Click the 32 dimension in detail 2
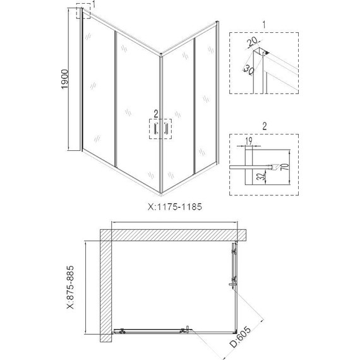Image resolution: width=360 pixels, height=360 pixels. pyautogui.click(x=260, y=176)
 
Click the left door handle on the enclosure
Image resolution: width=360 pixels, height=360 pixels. pyautogui.click(x=155, y=129)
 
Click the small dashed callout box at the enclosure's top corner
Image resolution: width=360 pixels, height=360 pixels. pyautogui.click(x=83, y=12)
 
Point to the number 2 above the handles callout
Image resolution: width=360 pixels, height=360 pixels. pyautogui.click(x=153, y=114)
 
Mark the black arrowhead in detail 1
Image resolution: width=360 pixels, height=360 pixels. pyautogui.click(x=268, y=52)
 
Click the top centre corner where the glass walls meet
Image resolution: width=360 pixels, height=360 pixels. pyautogui.click(x=162, y=56)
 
